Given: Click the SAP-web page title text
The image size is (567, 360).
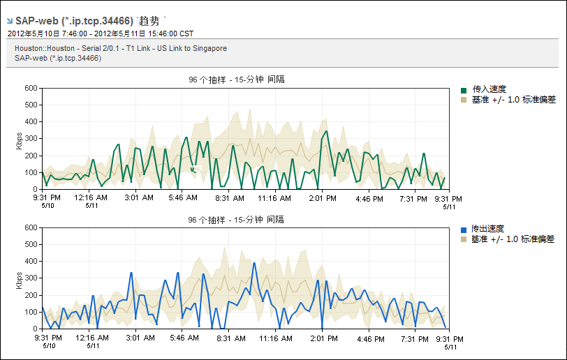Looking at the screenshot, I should coord(74,21).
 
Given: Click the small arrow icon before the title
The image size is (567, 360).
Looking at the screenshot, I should coord(9,21).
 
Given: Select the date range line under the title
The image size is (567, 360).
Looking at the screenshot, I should coord(101,33).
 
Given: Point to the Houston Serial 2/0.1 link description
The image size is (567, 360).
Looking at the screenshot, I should coord(121,48).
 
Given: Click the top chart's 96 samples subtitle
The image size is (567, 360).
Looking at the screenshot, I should coord(236,80).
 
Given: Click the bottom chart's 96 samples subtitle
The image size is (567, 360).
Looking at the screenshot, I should coord(236,219).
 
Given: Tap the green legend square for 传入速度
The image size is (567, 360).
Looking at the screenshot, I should coord(464,90).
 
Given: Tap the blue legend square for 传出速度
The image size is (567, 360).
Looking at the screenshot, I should coord(464,230).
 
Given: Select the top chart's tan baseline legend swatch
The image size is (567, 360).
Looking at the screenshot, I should coord(464,100).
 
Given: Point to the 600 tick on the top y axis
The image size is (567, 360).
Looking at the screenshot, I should coord(30,88).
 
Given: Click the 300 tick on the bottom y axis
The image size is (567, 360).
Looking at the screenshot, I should coord(30,278).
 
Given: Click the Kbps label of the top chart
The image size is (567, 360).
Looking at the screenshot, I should coord(19,139).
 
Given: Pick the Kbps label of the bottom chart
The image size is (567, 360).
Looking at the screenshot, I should coord(19,278).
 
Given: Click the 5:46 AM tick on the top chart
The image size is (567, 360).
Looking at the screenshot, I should coord(184,198).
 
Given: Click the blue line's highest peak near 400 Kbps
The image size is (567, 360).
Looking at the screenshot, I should coord(254,262).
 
